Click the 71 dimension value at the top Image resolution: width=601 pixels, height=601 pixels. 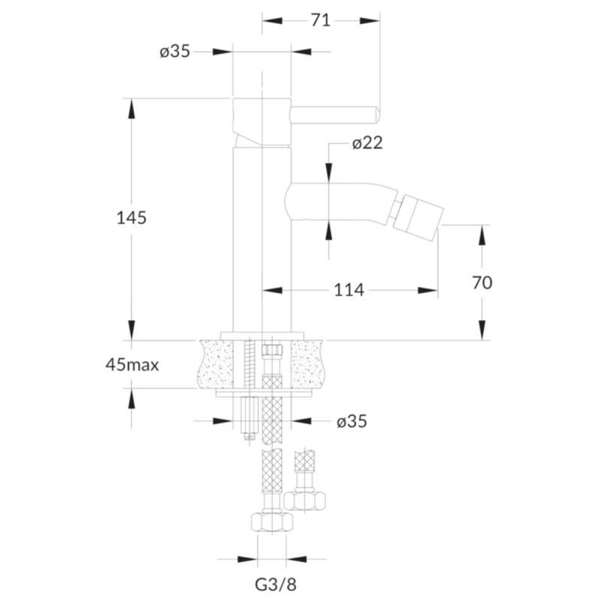coord(321,20)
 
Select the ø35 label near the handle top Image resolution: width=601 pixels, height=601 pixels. coord(175,51)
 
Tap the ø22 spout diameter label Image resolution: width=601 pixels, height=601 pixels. coord(367,143)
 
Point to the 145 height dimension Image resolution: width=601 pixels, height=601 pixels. coord(131,218)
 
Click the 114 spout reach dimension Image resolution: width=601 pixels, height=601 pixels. coord(349,290)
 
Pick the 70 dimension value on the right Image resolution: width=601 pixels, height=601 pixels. coord(482,283)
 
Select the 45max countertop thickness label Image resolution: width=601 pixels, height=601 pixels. coord(132,365)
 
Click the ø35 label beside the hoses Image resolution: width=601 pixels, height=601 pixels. coord(352,421)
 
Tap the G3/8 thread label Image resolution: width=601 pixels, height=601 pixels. coord(276,584)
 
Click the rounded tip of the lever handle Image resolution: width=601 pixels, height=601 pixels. coord(377,116)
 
